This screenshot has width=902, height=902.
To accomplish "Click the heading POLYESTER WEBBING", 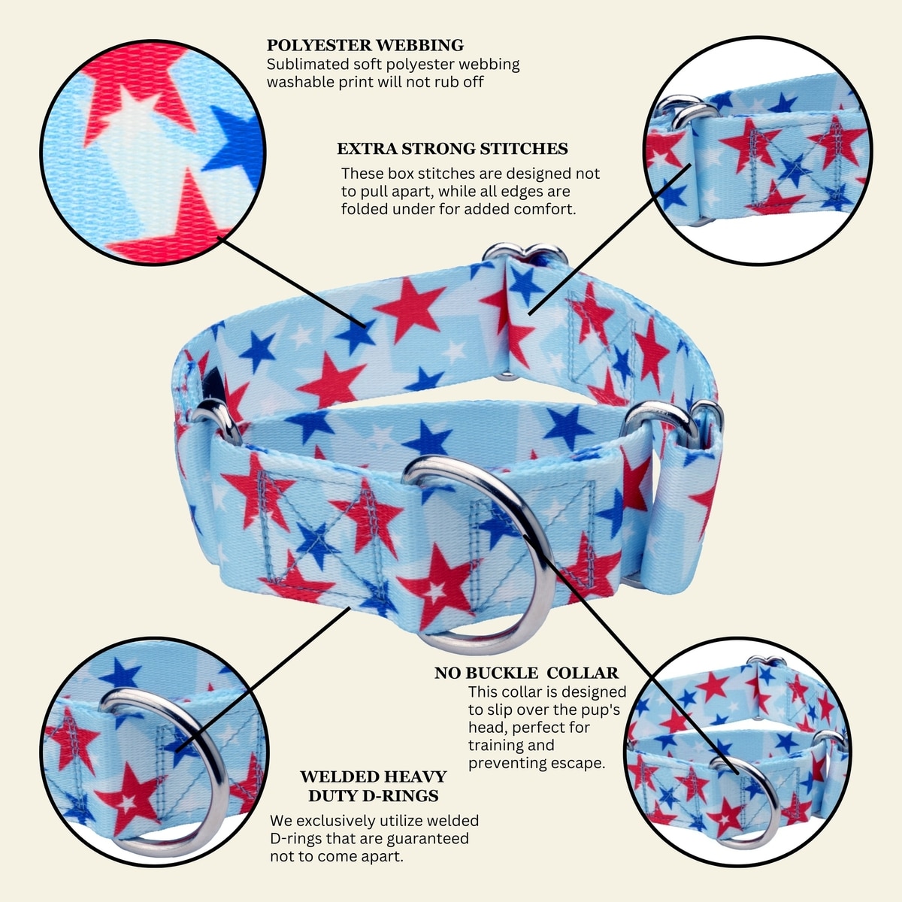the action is [x=365, y=45].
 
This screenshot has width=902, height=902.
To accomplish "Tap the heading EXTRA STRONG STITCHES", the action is [x=453, y=149].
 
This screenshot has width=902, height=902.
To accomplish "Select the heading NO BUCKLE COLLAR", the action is [x=527, y=673].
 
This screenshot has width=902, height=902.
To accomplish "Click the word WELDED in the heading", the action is [x=334, y=776].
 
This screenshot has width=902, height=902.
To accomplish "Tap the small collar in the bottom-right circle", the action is [x=737, y=754].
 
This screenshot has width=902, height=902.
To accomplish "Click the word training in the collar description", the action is [x=511, y=745].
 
